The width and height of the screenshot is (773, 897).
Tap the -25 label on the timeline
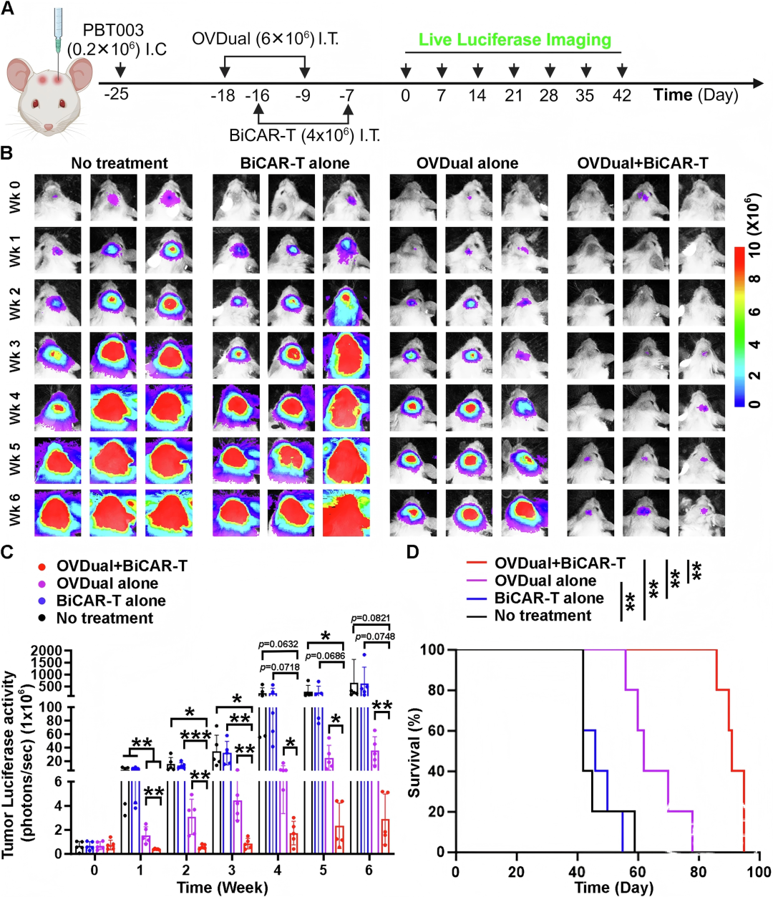click(x=117, y=94)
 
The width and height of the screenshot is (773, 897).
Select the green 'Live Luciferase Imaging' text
click(x=515, y=40)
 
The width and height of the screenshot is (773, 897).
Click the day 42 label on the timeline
click(x=621, y=95)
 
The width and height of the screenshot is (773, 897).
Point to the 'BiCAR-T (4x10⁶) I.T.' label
click(x=304, y=135)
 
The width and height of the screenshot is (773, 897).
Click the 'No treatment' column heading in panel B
click(x=120, y=163)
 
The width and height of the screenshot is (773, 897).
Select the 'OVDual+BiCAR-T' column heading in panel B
click(x=643, y=163)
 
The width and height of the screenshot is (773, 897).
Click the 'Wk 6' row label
click(x=15, y=512)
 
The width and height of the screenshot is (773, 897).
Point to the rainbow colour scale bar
click(x=739, y=326)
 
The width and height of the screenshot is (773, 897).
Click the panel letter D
click(x=412, y=552)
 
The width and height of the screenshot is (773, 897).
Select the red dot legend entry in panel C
click(x=42, y=566)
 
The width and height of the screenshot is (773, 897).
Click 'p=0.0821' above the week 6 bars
click(x=371, y=618)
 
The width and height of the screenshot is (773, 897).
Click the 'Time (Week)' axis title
click(x=222, y=887)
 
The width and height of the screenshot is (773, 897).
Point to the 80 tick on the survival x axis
click(x=698, y=872)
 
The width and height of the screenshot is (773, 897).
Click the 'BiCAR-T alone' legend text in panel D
click(x=549, y=598)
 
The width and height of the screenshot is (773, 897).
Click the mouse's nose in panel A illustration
click(x=49, y=127)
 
